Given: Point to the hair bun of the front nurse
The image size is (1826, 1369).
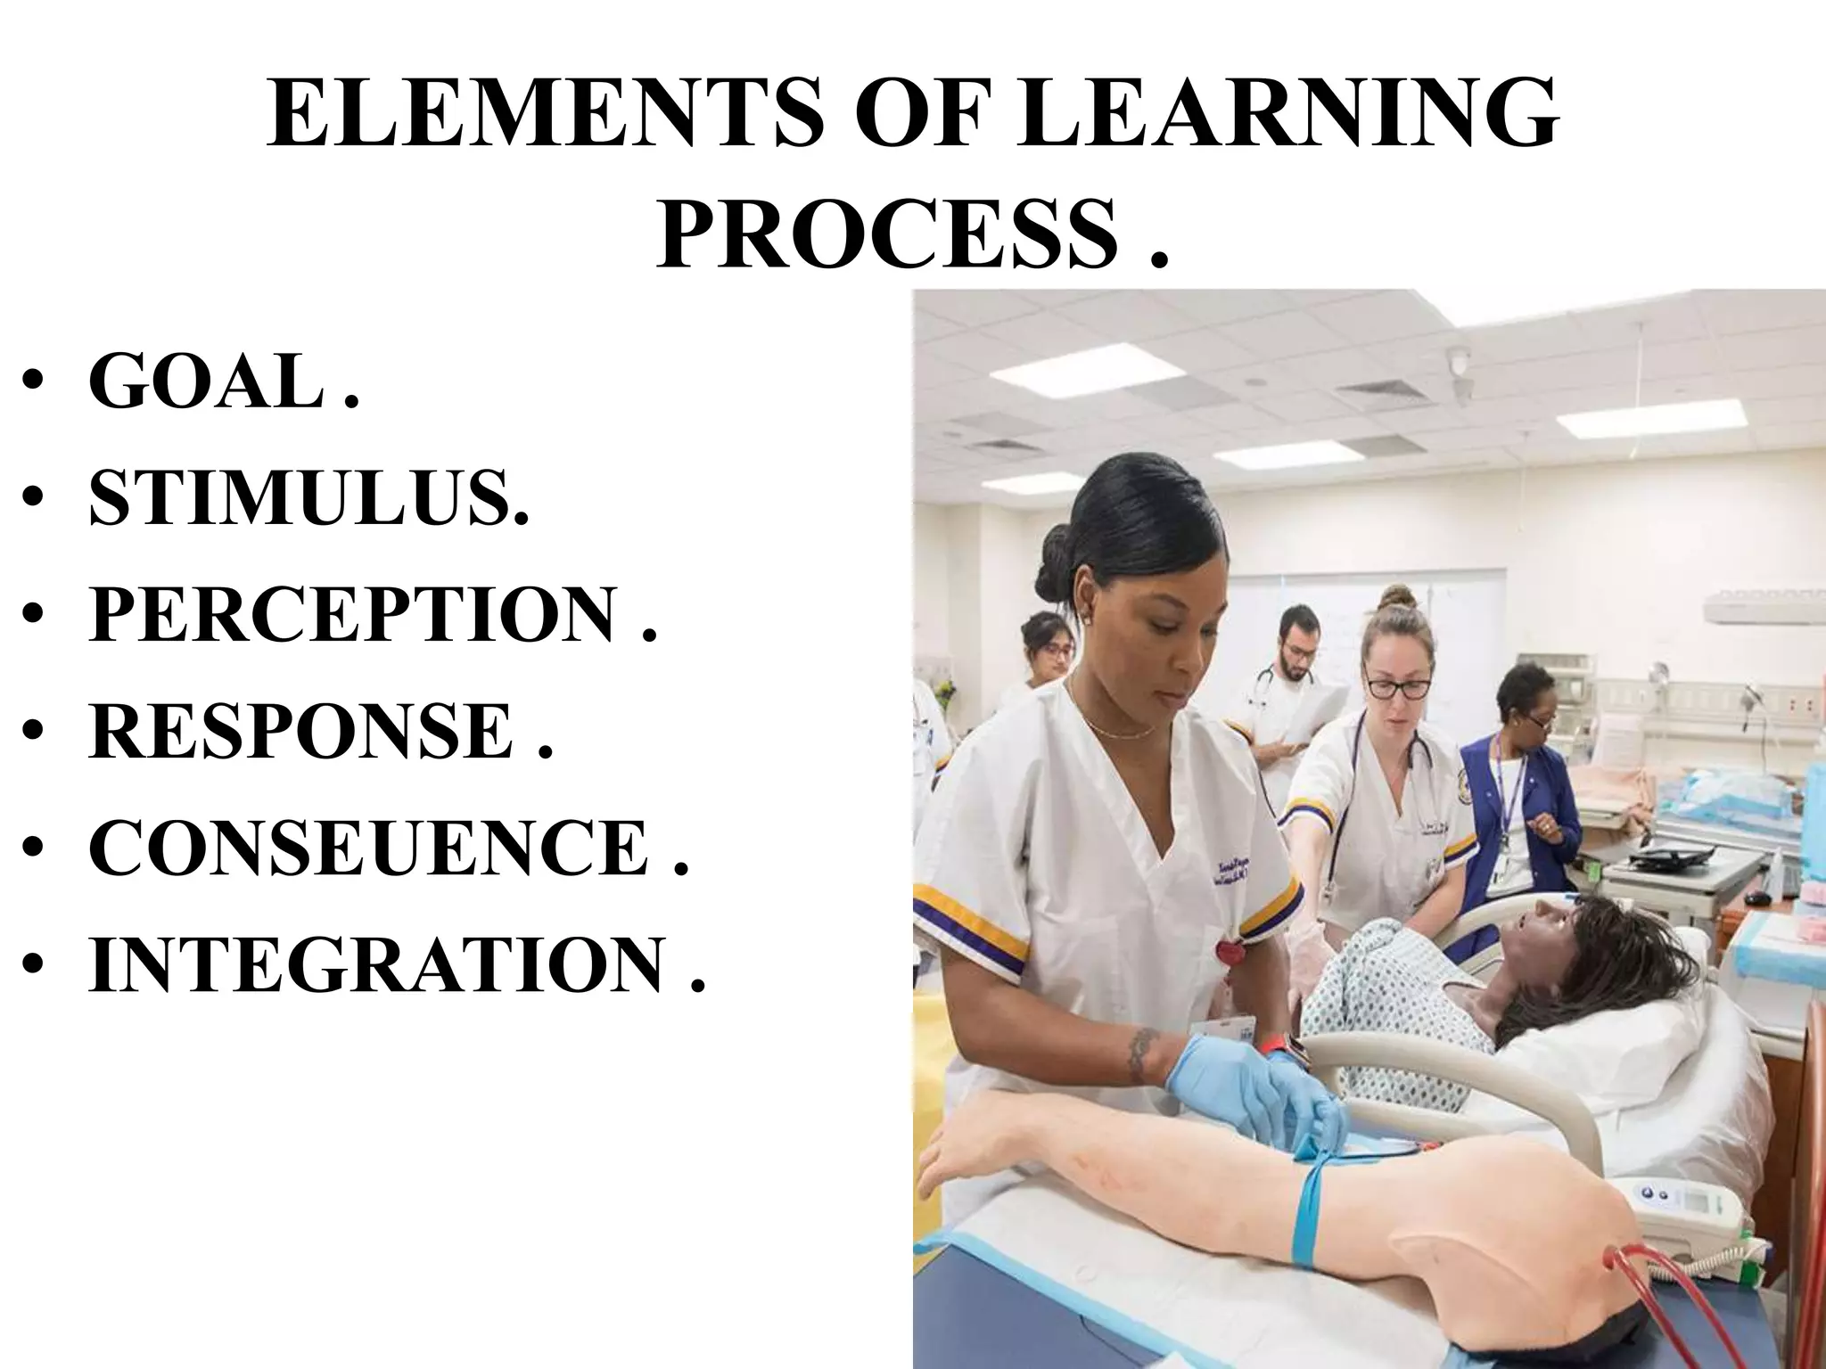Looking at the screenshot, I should [x=1057, y=560].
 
